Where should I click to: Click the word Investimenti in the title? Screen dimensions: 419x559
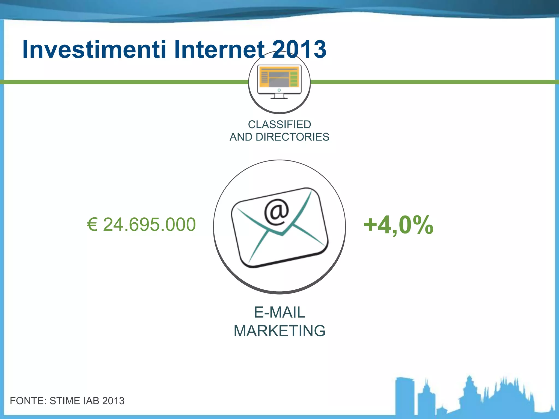point(94,49)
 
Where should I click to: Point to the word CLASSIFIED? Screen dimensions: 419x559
point(279,124)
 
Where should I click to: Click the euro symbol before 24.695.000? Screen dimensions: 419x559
point(92,225)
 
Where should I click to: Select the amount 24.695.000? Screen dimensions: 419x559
point(149,225)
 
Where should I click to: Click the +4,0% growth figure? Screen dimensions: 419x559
point(398,225)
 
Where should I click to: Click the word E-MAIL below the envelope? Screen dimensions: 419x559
point(279,312)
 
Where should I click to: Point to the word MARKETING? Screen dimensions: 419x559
point(279,331)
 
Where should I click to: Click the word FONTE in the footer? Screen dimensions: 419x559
point(28,401)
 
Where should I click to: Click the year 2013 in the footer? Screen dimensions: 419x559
point(113,401)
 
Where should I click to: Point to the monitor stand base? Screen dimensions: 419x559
point(279,98)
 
